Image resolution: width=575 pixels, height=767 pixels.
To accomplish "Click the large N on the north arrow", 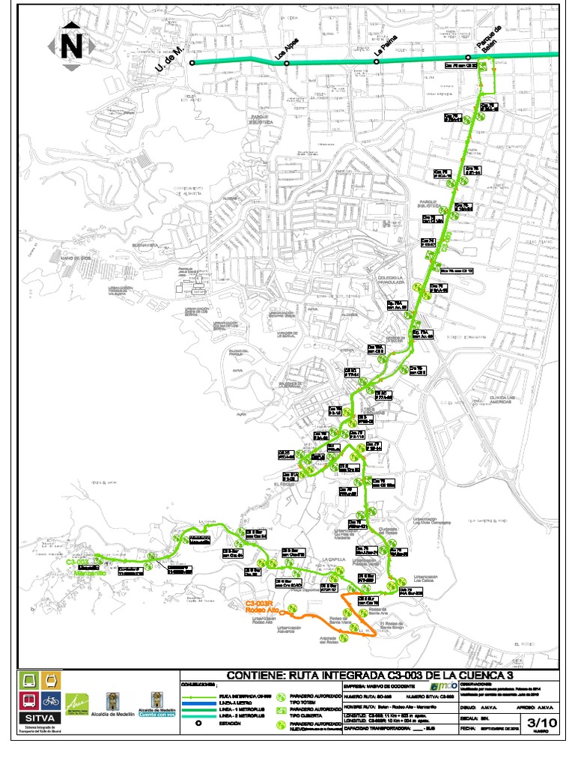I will click(72, 46).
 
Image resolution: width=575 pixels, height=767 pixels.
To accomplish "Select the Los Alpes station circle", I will click(287, 64).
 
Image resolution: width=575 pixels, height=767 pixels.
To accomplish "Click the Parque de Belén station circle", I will click(468, 58).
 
